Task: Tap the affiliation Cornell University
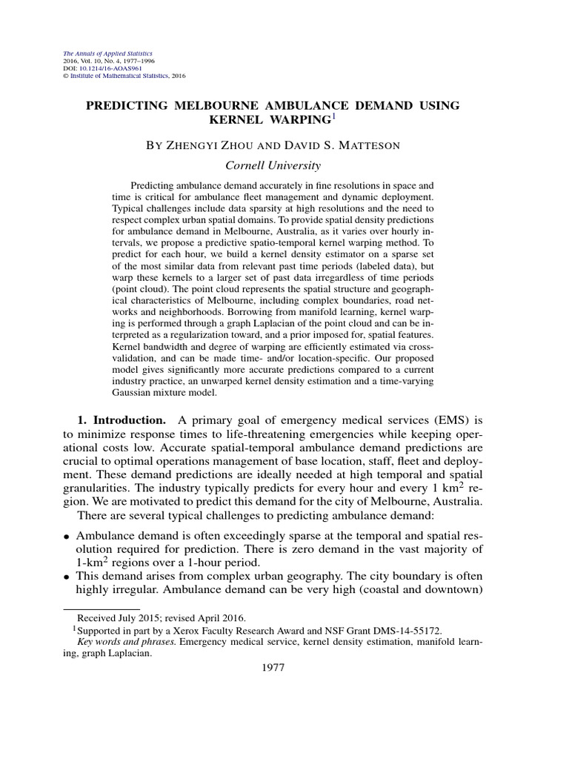273,165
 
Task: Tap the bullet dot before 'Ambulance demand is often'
67,534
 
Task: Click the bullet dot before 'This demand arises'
67,576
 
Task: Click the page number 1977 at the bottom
274,667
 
